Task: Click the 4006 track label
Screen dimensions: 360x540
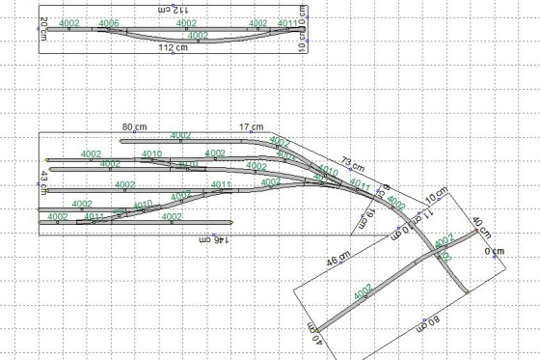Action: click(109, 22)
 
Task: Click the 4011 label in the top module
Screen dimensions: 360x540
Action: click(287, 22)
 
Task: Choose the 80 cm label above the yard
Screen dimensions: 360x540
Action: click(133, 127)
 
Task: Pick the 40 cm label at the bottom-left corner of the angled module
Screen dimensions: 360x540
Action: click(311, 333)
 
